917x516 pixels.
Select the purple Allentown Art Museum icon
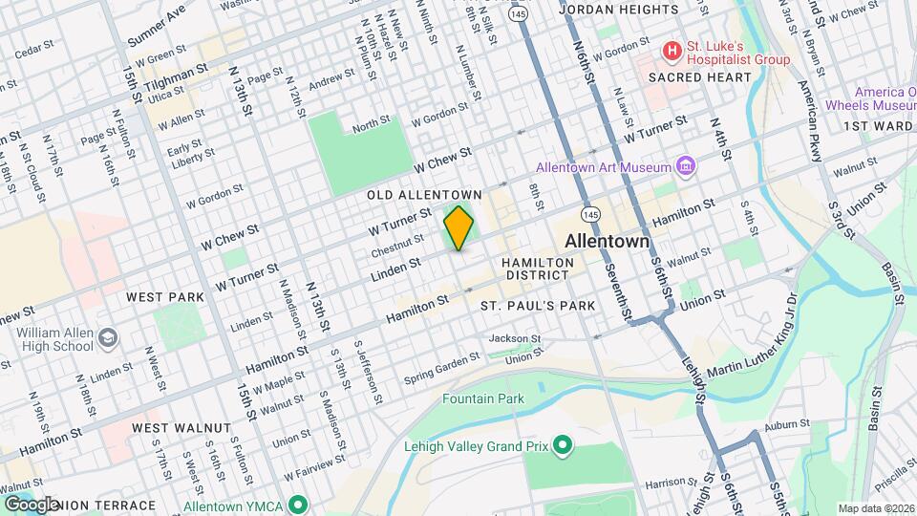[685, 167]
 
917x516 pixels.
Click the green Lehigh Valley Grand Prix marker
[563, 444]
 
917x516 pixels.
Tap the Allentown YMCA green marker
[299, 504]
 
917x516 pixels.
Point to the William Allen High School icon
[108, 337]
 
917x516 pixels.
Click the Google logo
[31, 504]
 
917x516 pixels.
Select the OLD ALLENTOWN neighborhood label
[425, 195]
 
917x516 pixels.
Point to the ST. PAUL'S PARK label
[538, 306]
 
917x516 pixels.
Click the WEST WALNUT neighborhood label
[181, 427]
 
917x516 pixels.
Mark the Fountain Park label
[483, 398]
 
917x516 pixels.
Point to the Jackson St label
[515, 338]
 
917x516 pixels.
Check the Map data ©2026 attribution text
[874, 508]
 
